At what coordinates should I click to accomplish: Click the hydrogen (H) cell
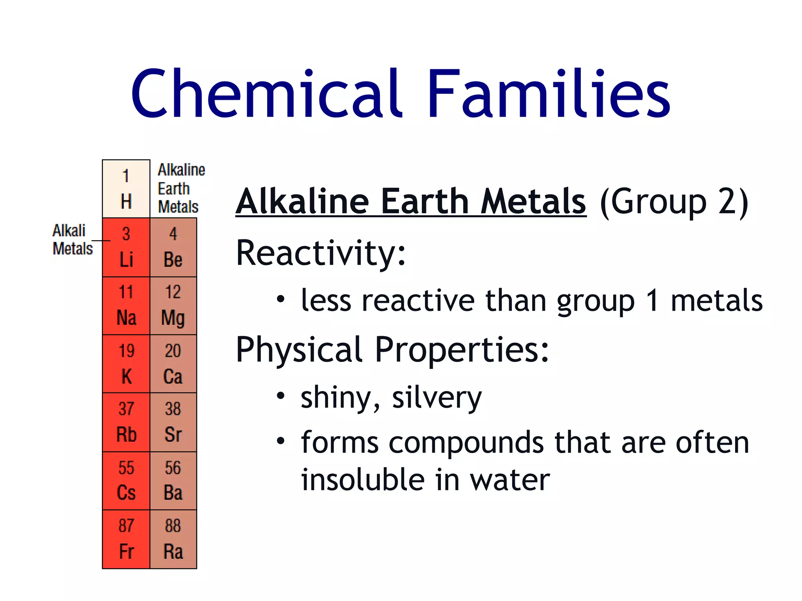(126, 189)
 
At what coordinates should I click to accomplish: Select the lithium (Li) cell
(126, 247)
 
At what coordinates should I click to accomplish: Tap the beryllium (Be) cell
(173, 247)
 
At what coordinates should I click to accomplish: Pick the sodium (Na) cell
(126, 306)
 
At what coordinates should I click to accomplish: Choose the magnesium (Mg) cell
(173, 306)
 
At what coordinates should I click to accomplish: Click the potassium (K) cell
(126, 364)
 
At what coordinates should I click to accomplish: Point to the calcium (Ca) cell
(173, 364)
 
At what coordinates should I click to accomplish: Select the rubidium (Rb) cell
(126, 422)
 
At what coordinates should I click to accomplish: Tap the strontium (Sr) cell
(173, 422)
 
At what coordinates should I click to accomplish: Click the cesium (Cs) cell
(126, 480)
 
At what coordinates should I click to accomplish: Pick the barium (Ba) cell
(173, 480)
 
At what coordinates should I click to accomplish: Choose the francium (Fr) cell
(126, 539)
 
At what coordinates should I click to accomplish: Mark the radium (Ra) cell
(173, 539)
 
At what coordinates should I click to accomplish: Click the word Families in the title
(548, 94)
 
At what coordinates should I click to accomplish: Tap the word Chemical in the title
(266, 94)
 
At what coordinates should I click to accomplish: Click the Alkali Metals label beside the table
(72, 239)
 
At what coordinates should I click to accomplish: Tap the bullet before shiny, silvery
(280, 396)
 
